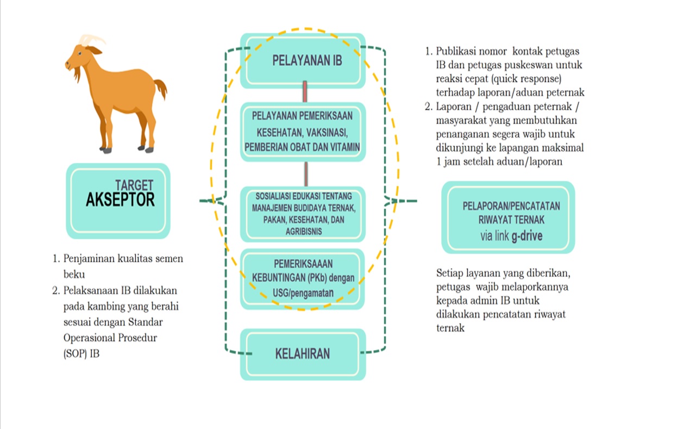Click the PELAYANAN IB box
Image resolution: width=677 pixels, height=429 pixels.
(303, 61)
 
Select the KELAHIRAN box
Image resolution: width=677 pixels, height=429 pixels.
(303, 355)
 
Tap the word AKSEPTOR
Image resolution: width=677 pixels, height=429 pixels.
(120, 200)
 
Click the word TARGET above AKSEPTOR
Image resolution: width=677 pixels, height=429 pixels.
(134, 185)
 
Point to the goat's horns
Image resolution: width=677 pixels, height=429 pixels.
(91, 40)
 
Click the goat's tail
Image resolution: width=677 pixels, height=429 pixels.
(161, 88)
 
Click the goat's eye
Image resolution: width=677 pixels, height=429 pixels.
(80, 53)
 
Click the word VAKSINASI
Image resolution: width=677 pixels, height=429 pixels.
(327, 133)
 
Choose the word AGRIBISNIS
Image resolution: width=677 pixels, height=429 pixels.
(303, 232)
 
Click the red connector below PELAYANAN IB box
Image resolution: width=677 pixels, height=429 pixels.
(305, 92)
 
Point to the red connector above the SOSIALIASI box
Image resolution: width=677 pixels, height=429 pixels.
(306, 174)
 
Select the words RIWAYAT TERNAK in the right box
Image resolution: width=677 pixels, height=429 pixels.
(511, 220)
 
